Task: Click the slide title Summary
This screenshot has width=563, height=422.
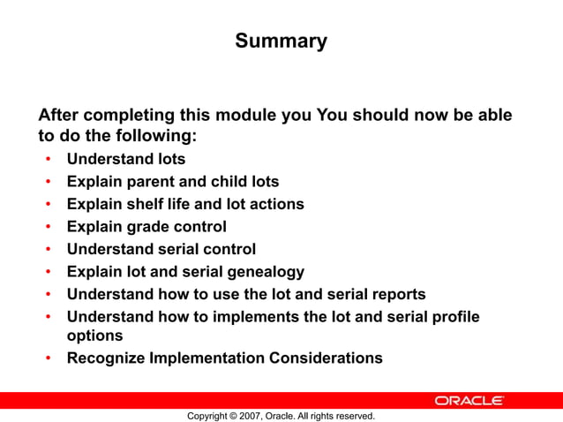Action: [281, 41]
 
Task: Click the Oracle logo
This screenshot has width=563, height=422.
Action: [469, 401]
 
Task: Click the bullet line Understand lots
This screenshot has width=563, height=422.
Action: [126, 160]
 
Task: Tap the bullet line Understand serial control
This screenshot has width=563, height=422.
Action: [161, 249]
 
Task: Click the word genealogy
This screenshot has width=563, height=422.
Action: [264, 272]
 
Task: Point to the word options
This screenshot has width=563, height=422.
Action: [94, 335]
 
